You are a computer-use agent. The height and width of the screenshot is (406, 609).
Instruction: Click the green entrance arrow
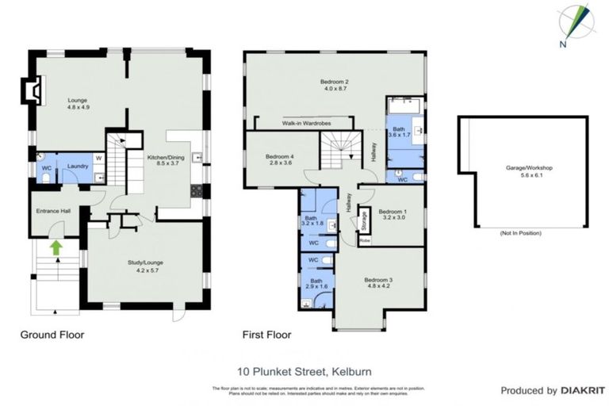[56, 248]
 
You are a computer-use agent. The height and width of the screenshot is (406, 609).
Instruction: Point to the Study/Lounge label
[144, 266]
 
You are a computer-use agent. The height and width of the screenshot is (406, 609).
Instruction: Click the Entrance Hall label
[54, 212]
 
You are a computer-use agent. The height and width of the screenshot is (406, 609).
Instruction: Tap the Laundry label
[77, 166]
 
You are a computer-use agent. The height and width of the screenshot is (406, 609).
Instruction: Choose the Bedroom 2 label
[335, 85]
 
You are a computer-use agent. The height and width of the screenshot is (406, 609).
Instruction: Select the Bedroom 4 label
[280, 159]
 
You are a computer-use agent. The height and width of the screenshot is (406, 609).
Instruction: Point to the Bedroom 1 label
[393, 215]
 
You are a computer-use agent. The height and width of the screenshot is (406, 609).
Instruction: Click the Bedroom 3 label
[378, 283]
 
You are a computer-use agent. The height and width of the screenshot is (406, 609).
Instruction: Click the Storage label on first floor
[364, 217]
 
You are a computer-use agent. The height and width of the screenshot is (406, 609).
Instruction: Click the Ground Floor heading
[52, 335]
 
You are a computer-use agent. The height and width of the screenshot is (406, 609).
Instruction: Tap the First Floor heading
[266, 335]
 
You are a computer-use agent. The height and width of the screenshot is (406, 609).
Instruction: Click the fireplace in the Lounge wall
[31, 91]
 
